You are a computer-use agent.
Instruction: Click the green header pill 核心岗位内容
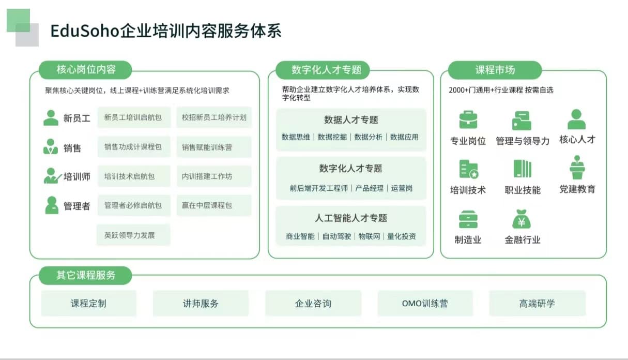(85, 70)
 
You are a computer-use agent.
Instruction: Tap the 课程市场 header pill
(495, 70)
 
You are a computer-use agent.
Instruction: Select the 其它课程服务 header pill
(85, 275)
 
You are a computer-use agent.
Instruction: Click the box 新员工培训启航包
(134, 117)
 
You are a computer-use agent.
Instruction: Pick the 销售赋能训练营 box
(214, 147)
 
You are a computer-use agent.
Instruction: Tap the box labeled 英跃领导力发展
(133, 235)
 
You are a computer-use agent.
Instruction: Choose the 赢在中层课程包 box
(214, 205)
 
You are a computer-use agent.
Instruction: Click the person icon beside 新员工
(51, 118)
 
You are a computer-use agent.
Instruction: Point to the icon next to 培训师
(52, 176)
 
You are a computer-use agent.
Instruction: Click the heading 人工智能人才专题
(351, 218)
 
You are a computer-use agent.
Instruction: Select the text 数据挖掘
(332, 137)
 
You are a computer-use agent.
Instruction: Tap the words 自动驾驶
(336, 236)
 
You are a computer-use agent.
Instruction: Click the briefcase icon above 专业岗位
(468, 119)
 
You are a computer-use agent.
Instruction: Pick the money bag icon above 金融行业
(522, 219)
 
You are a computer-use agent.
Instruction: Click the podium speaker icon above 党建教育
(577, 167)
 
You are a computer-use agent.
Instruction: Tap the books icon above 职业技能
(523, 169)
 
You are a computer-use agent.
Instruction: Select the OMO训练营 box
(425, 303)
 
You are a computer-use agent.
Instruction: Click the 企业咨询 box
(313, 303)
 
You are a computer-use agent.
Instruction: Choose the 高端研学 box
(537, 303)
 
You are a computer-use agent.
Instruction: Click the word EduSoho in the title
(85, 31)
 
